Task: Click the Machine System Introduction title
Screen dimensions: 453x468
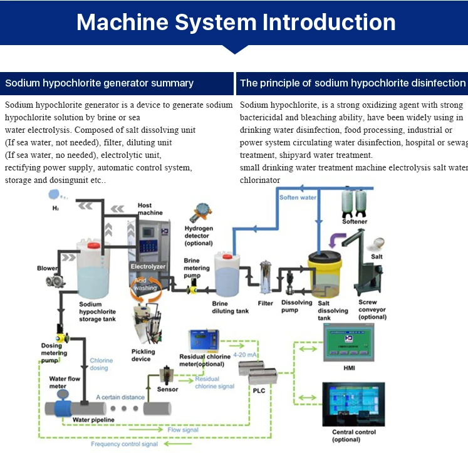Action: point(236,23)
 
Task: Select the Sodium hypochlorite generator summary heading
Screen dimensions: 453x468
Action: point(99,83)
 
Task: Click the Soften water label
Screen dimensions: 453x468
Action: point(298,198)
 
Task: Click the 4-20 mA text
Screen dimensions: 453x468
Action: point(245,355)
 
